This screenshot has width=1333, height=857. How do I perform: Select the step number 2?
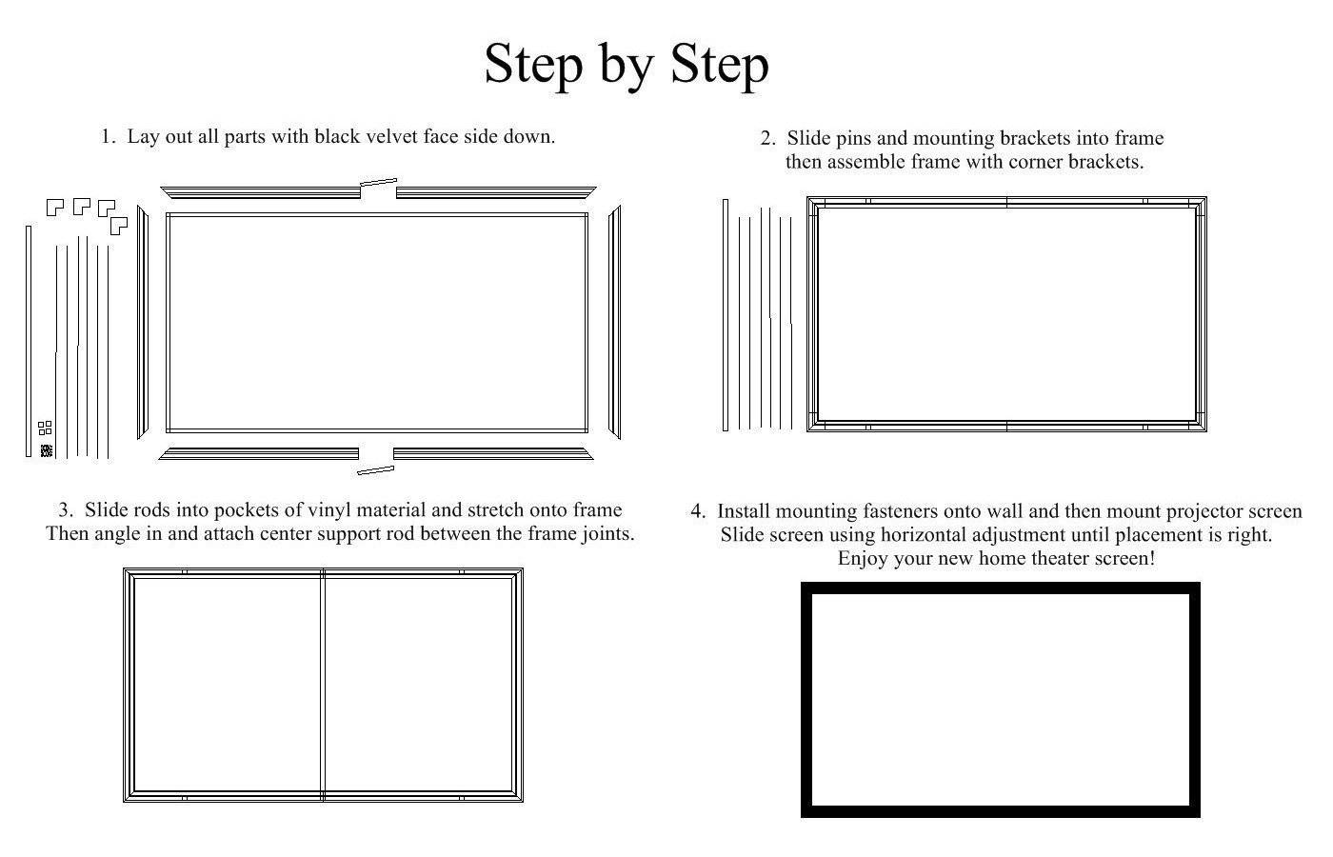767,139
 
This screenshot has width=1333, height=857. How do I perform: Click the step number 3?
66,510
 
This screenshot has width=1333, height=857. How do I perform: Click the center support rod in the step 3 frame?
323,685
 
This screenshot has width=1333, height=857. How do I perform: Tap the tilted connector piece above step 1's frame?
379,182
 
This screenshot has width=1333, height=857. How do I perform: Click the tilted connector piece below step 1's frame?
375,470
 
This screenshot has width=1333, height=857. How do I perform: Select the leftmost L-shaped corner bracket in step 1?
55,208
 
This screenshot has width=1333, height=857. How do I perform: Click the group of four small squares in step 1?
45,428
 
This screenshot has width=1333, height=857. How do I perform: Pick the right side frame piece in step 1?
614,322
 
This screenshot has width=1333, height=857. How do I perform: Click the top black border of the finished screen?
1001,588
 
